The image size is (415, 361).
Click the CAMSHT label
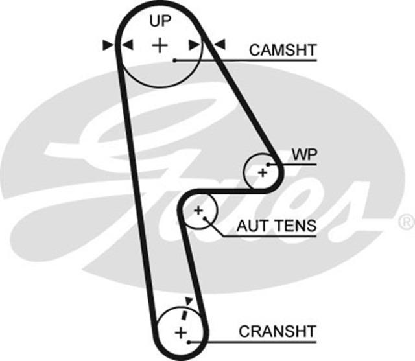282,50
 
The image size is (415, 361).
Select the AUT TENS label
276,226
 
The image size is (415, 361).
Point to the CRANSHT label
277,331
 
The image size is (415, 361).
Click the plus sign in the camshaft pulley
159,45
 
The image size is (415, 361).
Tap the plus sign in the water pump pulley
262,172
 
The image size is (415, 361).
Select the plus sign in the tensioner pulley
198,210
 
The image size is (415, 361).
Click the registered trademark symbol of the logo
407,222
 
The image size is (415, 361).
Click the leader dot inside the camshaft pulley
175,60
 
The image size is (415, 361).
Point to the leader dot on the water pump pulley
271,164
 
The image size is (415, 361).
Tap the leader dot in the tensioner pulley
207,218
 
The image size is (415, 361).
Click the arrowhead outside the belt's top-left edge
108,45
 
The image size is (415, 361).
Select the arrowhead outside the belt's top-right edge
219,45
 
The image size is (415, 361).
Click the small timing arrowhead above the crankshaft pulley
189,301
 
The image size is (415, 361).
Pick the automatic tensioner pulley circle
199,211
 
